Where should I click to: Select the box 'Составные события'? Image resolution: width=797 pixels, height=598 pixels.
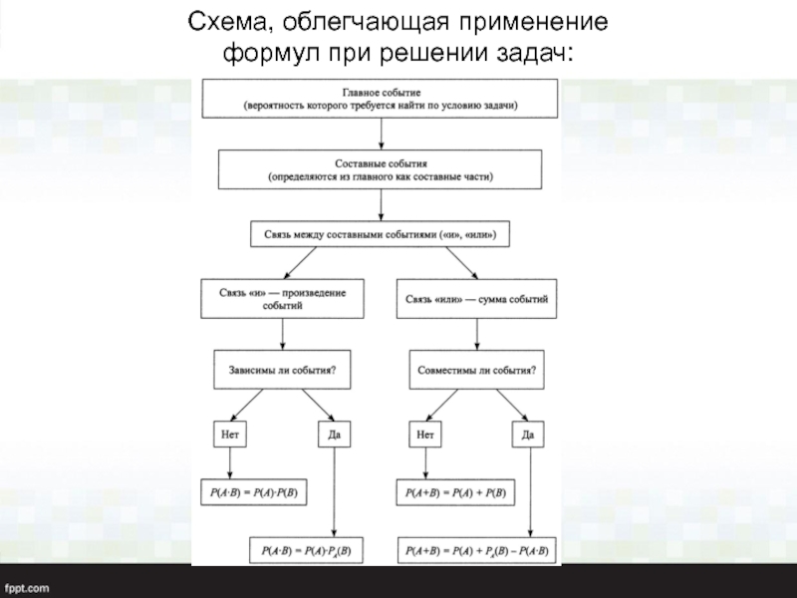[381, 168]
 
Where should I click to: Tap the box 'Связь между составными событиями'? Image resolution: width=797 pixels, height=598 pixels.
[380, 234]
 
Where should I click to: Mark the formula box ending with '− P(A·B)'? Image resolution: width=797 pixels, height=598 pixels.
[477, 550]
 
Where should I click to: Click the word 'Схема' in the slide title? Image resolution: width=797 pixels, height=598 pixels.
[226, 21]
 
